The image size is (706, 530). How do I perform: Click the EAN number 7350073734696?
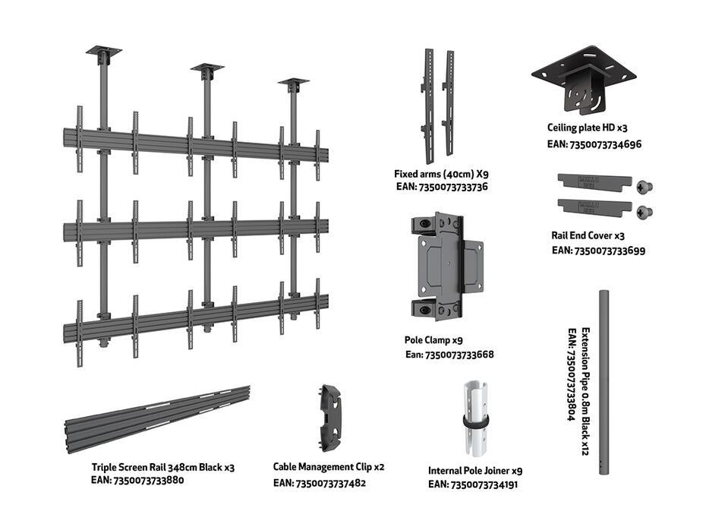coord(595,144)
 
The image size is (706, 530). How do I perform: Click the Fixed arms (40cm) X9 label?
coord(440,174)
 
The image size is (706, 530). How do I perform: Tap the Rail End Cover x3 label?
coord(588,235)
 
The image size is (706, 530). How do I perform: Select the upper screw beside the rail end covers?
coord(646,187)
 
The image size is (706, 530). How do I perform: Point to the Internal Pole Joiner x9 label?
coord(475,470)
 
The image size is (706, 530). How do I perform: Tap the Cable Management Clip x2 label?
coord(329,467)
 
